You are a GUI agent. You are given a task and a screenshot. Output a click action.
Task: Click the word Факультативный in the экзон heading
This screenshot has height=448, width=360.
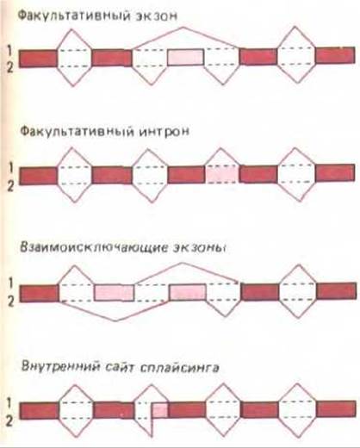pos(74,16)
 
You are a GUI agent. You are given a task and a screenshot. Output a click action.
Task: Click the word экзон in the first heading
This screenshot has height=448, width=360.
pos(157,16)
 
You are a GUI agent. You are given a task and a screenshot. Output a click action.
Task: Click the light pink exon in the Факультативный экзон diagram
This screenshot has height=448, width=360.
pos(186,57)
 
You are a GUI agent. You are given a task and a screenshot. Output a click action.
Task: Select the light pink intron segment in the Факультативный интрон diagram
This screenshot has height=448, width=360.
pos(222,174)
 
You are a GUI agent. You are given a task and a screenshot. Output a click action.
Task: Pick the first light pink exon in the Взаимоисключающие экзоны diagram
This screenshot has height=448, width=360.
pos(115,293)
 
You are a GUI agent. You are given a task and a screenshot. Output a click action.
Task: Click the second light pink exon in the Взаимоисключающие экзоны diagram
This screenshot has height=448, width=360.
pos(188,292)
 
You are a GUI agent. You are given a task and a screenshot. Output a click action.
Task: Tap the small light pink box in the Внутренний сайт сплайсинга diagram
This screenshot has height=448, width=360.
pos(160,410)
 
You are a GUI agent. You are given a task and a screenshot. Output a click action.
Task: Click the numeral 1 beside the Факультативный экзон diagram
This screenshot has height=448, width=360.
pos(10,51)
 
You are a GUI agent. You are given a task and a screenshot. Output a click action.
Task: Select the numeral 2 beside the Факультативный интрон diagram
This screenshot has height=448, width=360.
pos(10,187)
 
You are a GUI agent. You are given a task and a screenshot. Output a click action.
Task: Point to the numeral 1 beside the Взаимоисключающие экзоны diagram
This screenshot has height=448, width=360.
pos(10,283)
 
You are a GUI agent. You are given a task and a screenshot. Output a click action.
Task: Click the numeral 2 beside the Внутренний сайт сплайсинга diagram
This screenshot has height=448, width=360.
pos(9,421)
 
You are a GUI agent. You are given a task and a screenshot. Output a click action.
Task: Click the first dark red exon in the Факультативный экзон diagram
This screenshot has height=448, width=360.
pos(38,59)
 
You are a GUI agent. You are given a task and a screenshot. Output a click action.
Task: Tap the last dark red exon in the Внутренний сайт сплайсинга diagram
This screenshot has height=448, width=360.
pos(336,409)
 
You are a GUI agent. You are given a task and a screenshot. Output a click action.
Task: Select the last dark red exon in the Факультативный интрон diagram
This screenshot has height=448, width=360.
pos(335,173)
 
